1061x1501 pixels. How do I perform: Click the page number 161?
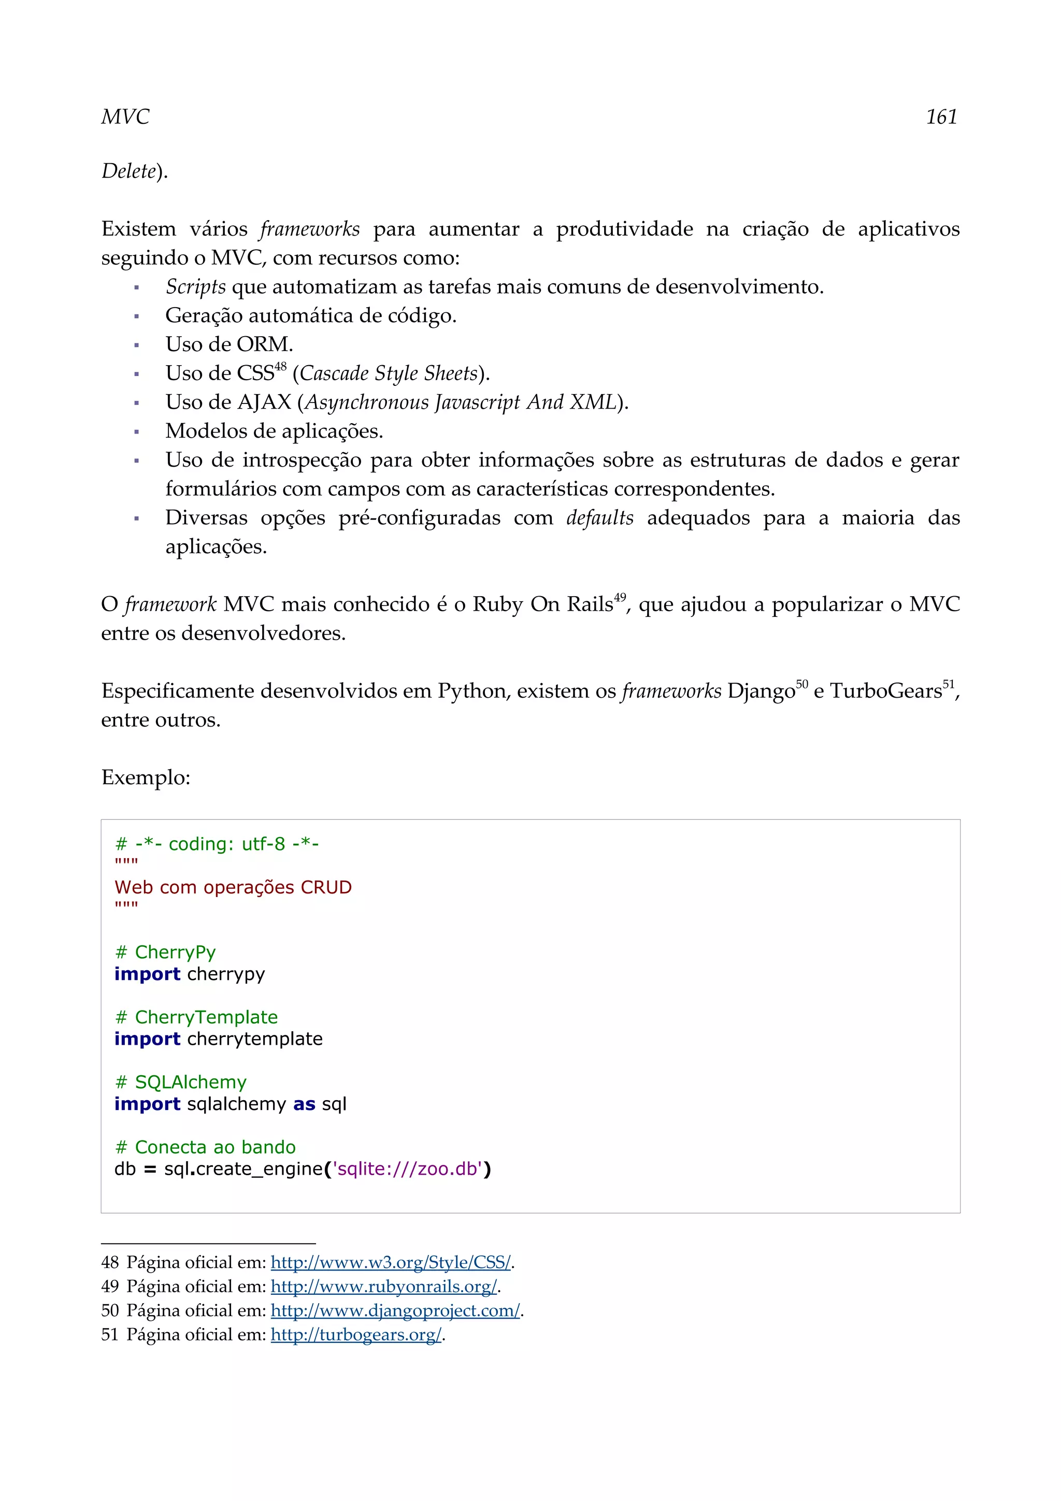click(x=941, y=117)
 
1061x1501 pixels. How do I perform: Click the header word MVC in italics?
click(x=125, y=117)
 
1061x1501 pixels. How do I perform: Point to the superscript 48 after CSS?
click(x=280, y=367)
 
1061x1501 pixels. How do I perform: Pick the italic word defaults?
click(x=599, y=518)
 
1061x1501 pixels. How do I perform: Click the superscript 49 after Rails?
click(x=620, y=597)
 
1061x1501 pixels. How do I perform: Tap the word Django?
click(x=761, y=691)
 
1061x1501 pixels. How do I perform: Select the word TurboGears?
click(x=885, y=691)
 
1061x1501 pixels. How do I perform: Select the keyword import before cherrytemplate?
click(x=147, y=1039)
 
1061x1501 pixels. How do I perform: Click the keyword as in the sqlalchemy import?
click(x=304, y=1104)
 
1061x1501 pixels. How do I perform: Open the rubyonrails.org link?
click(x=384, y=1287)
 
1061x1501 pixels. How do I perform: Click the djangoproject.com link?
click(x=395, y=1311)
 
